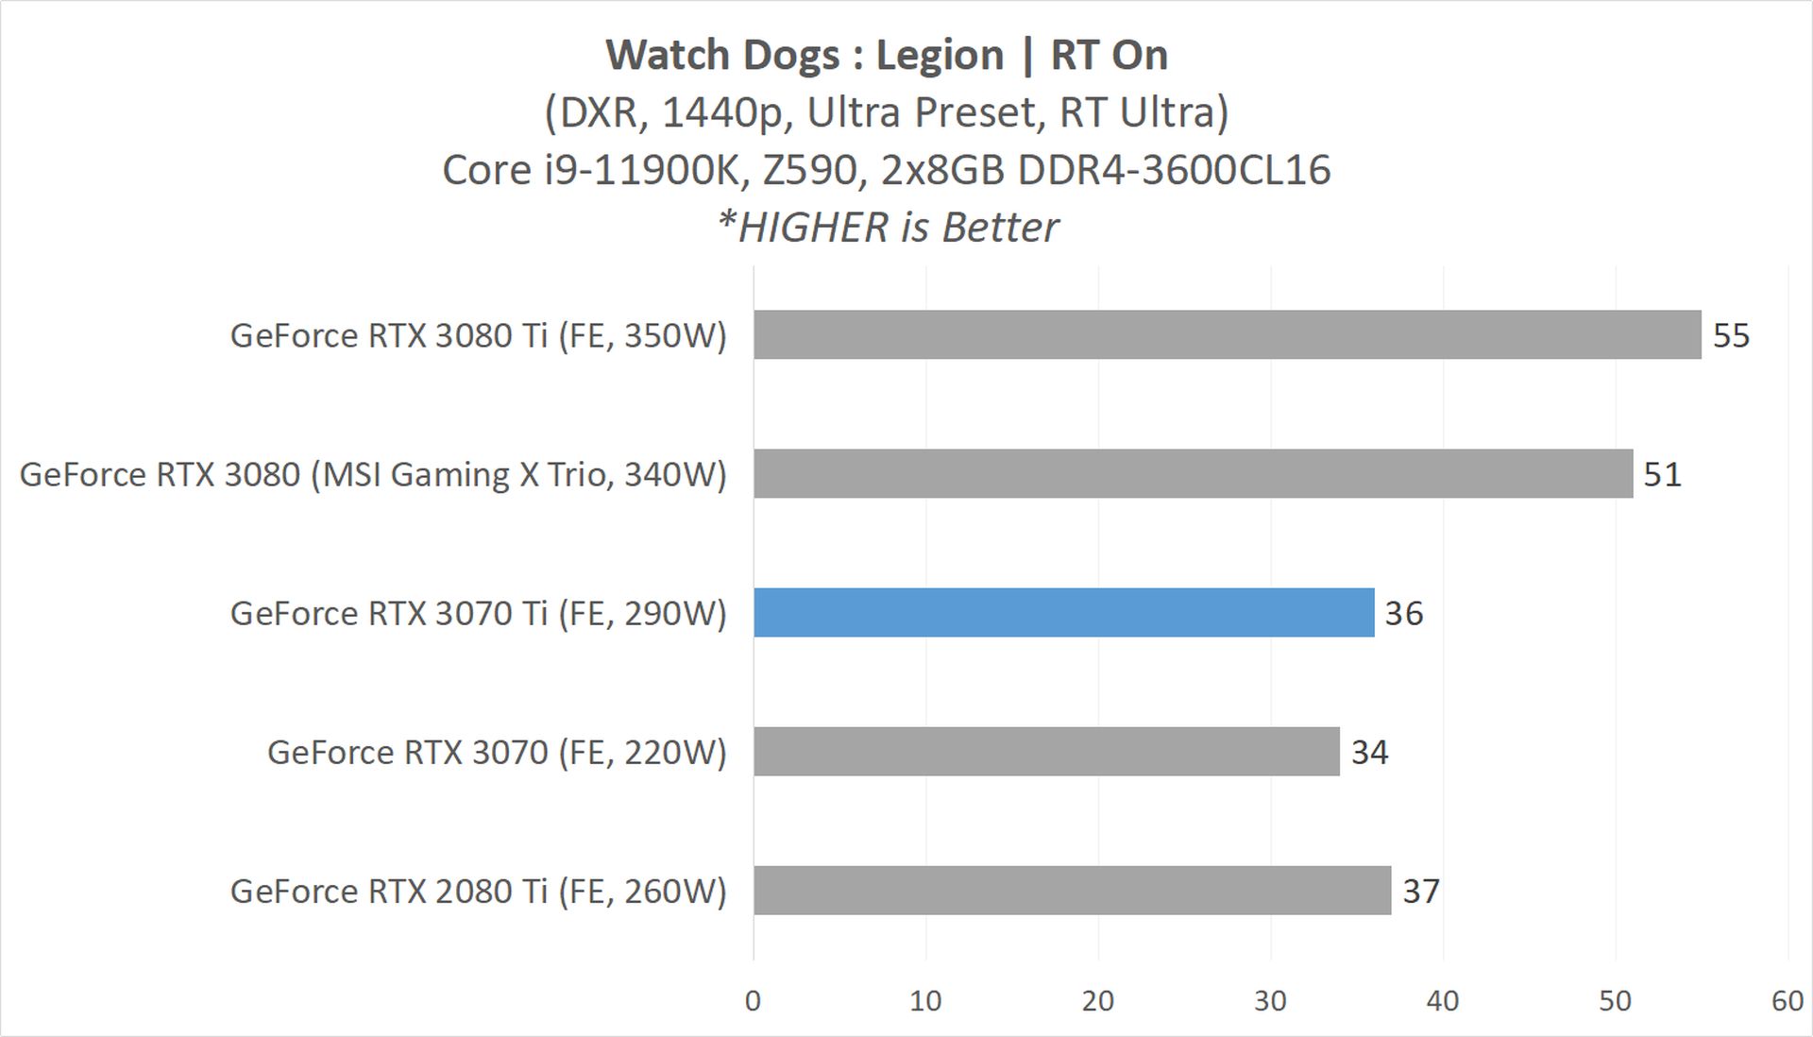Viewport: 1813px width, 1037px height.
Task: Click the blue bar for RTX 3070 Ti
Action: (x=1063, y=612)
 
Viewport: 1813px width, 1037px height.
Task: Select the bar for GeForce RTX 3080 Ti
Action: (x=1227, y=334)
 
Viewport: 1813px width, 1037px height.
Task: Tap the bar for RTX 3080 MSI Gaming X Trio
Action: (x=1193, y=473)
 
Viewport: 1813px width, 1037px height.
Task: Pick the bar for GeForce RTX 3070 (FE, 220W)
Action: (x=1046, y=751)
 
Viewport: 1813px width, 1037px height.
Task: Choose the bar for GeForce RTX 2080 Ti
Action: (x=1072, y=890)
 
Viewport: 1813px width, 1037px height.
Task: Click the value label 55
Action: (x=1731, y=335)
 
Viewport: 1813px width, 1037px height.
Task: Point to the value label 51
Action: (x=1662, y=474)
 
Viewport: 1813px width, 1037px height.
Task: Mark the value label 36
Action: (x=1403, y=613)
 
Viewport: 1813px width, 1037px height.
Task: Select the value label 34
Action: (x=1369, y=752)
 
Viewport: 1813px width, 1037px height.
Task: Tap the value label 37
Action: (x=1420, y=891)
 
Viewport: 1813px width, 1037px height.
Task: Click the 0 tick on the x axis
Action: (x=753, y=1000)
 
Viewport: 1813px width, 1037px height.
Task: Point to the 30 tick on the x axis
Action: (x=1270, y=1000)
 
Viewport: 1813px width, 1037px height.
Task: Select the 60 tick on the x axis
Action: (x=1788, y=1000)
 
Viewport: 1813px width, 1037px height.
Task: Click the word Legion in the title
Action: (x=939, y=55)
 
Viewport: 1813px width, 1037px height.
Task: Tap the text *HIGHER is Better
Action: (x=888, y=228)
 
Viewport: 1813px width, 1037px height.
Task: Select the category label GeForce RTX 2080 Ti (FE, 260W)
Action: (x=478, y=891)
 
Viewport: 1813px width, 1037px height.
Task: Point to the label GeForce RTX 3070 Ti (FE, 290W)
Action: (x=478, y=613)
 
